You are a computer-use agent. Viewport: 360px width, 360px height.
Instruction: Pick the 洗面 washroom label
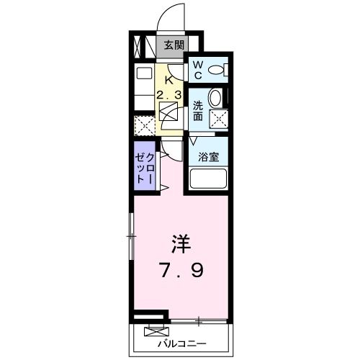[x=197, y=110]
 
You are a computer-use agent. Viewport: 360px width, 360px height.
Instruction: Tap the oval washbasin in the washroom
[x=215, y=99]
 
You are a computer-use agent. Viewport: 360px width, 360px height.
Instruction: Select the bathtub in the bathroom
[x=208, y=179]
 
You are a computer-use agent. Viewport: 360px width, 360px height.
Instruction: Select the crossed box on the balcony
[x=153, y=332]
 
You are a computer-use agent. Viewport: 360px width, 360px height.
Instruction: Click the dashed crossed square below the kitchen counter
[x=144, y=125]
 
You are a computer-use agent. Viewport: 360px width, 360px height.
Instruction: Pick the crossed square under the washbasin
[x=216, y=120]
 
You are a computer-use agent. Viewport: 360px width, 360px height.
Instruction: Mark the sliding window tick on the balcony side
[x=193, y=320]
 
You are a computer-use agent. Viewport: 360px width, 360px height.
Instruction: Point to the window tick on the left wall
[x=130, y=235]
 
